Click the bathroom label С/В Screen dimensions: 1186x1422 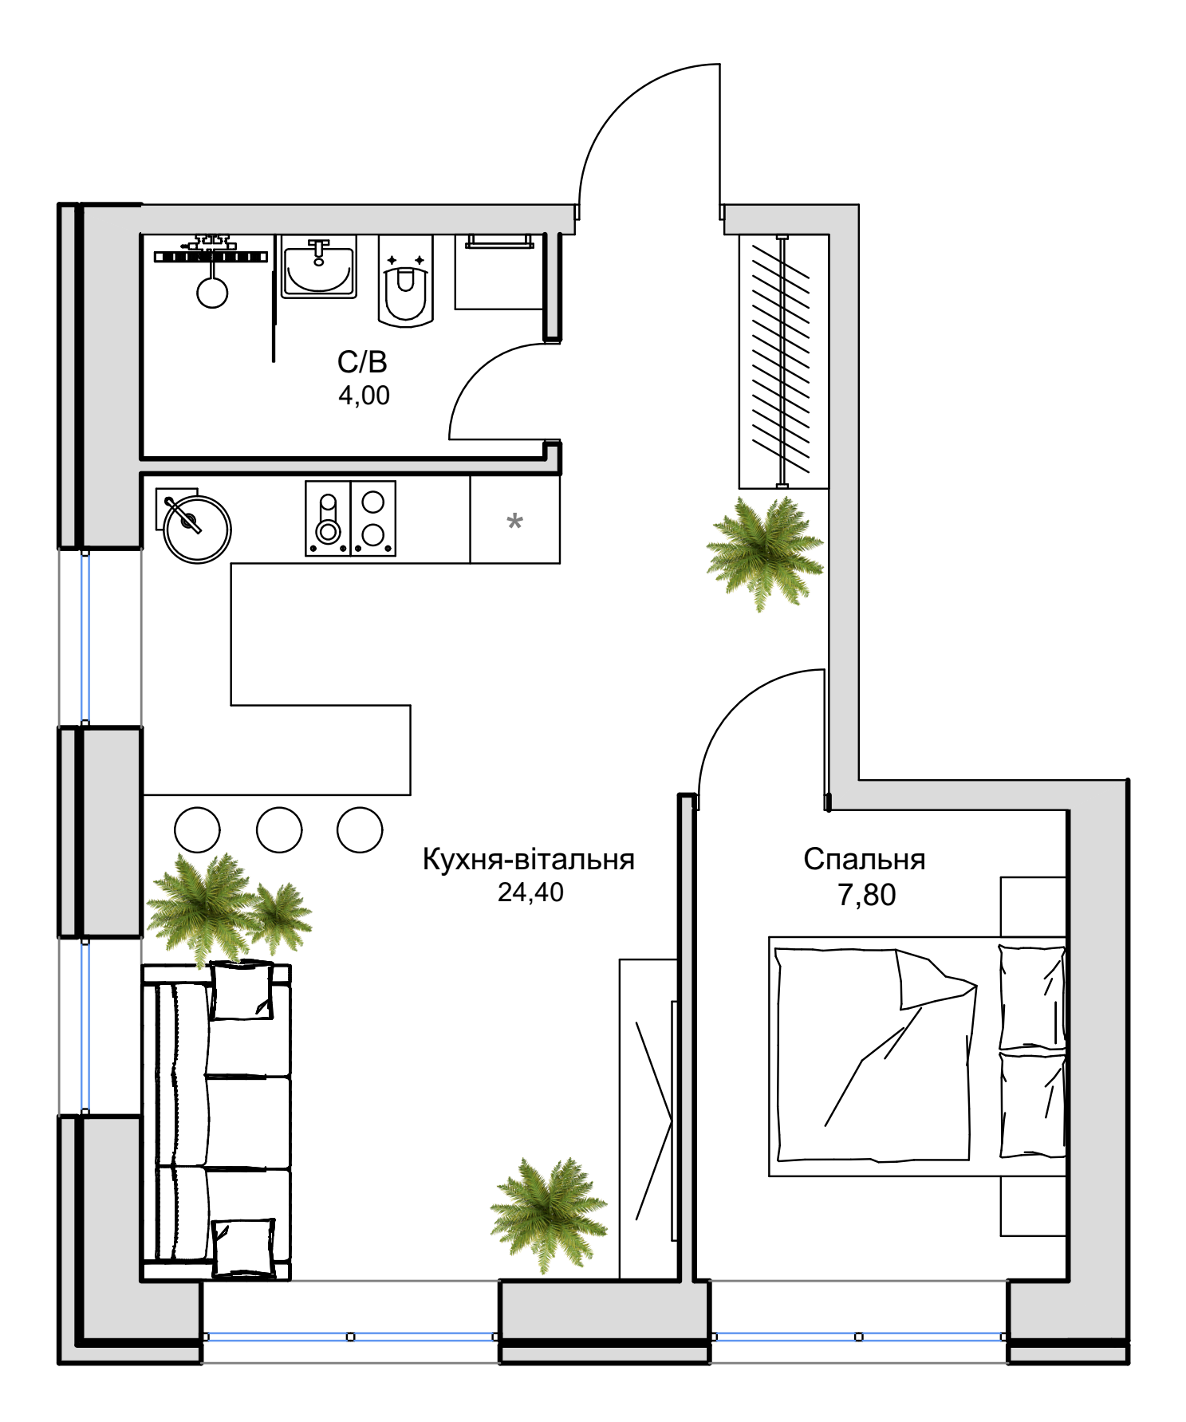(362, 362)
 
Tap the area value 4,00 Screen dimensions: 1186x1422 (364, 396)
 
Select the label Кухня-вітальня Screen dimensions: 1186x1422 (528, 859)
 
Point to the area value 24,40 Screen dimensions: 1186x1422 (530, 892)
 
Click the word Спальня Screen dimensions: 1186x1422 (864, 859)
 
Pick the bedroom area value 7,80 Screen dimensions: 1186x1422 (866, 895)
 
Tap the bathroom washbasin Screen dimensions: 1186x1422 (318, 267)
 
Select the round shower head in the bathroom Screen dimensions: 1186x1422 (212, 293)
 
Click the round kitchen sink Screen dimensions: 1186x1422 (197, 530)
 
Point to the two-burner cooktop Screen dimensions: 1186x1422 (373, 518)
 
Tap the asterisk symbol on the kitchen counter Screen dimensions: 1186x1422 (515, 522)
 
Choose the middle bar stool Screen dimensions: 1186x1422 (279, 829)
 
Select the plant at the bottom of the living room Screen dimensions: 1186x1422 (549, 1215)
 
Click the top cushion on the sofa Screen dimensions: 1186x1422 (242, 991)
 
